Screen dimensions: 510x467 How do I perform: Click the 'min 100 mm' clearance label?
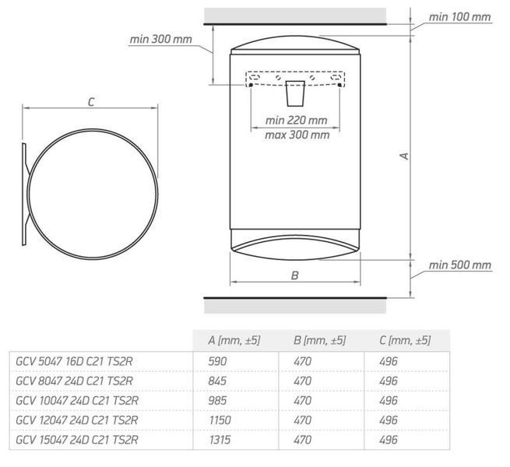click(x=459, y=17)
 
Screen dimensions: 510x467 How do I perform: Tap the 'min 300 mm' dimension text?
click(x=160, y=40)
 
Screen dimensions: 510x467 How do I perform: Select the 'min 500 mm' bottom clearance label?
click(x=460, y=265)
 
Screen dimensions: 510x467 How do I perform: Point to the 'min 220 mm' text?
click(x=296, y=121)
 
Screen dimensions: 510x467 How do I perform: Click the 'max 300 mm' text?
click(x=297, y=135)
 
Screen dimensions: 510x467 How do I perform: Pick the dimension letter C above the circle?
click(x=91, y=102)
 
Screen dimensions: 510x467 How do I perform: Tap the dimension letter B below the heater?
click(x=294, y=276)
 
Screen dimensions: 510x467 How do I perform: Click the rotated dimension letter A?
click(x=404, y=156)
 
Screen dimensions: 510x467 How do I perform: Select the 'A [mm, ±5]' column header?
click(x=234, y=340)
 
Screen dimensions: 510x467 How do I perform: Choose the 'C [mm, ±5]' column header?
click(x=405, y=340)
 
